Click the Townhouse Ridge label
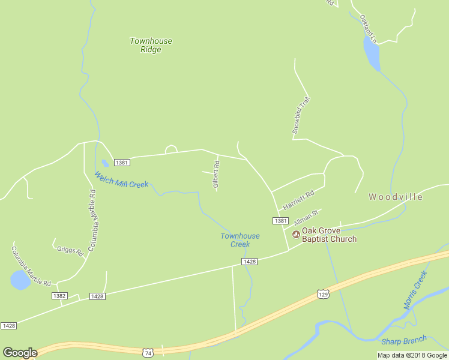click(151, 45)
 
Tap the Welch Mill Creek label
click(121, 180)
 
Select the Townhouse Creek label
click(240, 240)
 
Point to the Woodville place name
click(396, 197)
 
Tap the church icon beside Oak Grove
click(295, 234)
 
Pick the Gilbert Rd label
click(216, 175)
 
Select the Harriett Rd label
click(299, 200)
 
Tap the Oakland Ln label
click(368, 28)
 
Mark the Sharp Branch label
click(403, 341)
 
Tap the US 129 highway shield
click(323, 294)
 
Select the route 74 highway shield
click(148, 353)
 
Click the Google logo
click(20, 353)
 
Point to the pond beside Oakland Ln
click(372, 53)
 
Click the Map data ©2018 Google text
click(412, 355)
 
